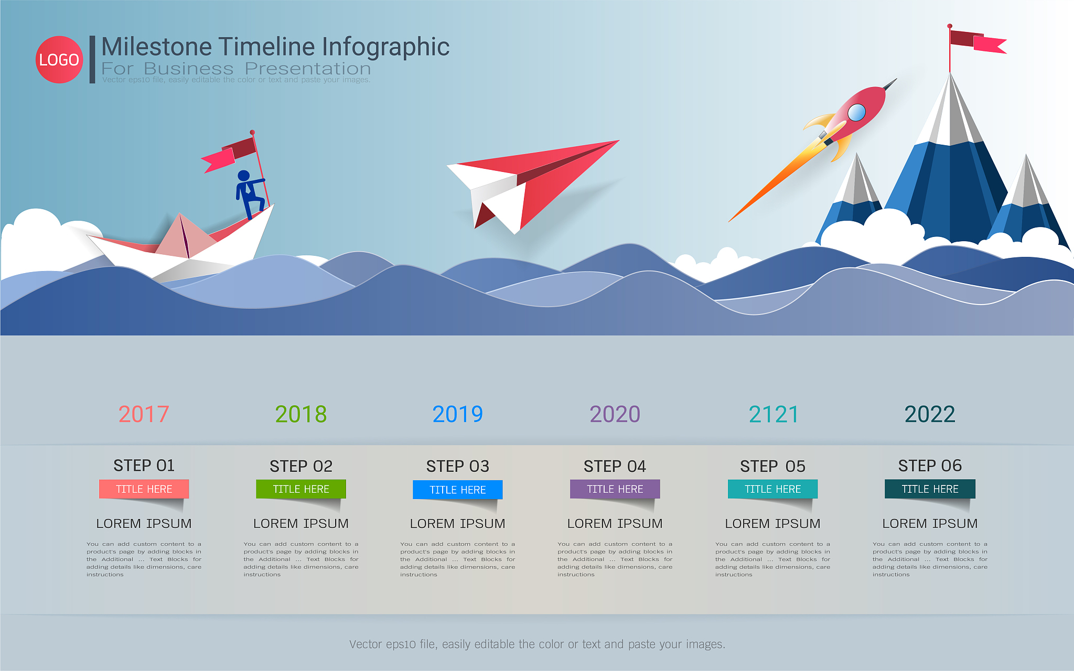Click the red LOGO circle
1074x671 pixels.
tap(59, 59)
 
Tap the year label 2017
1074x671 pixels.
tap(144, 414)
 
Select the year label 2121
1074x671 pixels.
tap(774, 414)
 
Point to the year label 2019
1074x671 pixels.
tap(458, 414)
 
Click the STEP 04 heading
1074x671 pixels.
tap(615, 466)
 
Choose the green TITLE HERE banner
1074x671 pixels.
tap(301, 489)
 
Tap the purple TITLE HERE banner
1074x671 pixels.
tap(615, 489)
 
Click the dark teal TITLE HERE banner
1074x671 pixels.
tap(930, 489)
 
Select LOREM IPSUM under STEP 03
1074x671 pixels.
tap(457, 523)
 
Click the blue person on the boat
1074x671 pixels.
tap(249, 193)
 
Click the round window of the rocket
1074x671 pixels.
tap(856, 113)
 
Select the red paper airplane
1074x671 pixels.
tap(533, 183)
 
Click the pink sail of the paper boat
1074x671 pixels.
tap(184, 237)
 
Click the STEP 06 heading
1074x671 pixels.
tap(930, 466)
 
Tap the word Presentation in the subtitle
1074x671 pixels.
tap(308, 69)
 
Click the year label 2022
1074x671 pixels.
tap(930, 414)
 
